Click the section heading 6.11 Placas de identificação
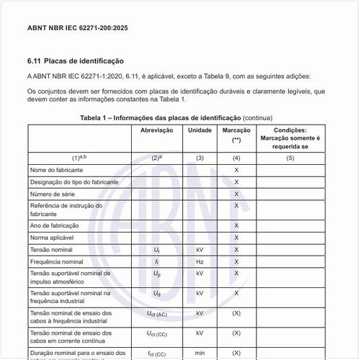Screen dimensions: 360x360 click(x=76, y=61)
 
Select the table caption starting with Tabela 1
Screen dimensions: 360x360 click(x=176, y=117)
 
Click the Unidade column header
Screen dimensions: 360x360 click(x=199, y=131)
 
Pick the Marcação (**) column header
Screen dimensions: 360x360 click(x=236, y=135)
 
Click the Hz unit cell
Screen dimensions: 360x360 click(x=199, y=261)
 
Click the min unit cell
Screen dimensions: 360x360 click(x=199, y=354)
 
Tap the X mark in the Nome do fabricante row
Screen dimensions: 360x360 click(x=236, y=169)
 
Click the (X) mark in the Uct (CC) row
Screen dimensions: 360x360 click(x=236, y=333)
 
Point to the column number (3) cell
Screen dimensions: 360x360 click(x=199, y=157)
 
